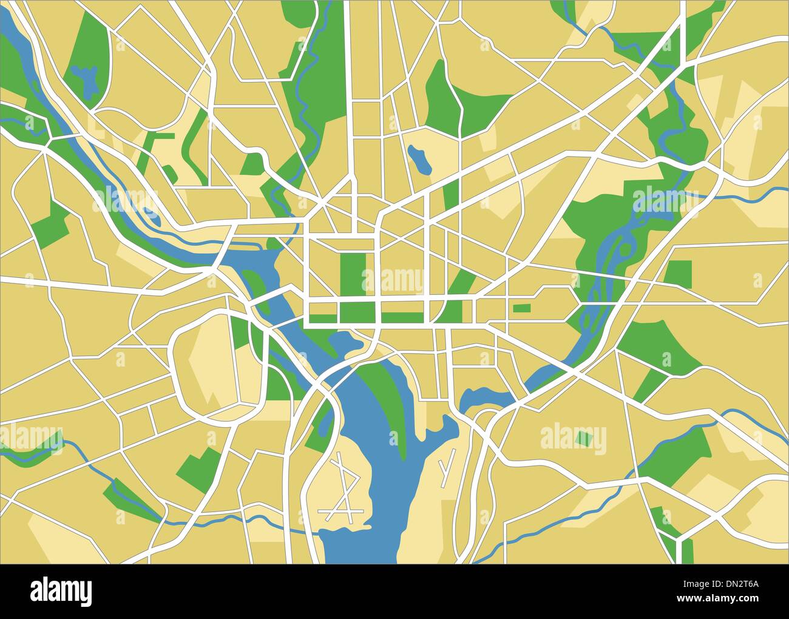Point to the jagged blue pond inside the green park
tap(84, 79)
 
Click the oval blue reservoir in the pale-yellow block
tap(419, 159)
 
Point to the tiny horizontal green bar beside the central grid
tap(521, 308)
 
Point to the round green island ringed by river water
tap(624, 250)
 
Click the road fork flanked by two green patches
tap(677, 540)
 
